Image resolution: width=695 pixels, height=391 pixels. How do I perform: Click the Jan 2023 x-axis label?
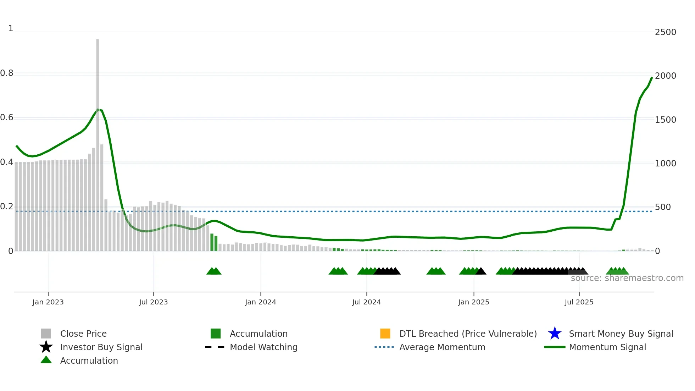pyautogui.click(x=48, y=302)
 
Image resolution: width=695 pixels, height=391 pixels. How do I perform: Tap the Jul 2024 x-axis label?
pyautogui.click(x=366, y=302)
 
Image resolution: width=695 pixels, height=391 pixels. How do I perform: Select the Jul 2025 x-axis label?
pyautogui.click(x=579, y=302)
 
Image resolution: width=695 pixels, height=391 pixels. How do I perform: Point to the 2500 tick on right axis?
pyautogui.click(x=665, y=32)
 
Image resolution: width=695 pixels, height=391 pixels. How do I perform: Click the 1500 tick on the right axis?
pyautogui.click(x=665, y=120)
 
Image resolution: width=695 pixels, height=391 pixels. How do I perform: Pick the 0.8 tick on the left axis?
pyautogui.click(x=7, y=73)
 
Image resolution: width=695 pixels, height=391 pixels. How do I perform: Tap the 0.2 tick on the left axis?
pyautogui.click(x=7, y=207)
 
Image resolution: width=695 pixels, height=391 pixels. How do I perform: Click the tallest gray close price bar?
pyautogui.click(x=98, y=142)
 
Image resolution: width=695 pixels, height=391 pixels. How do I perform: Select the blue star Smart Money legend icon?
pyautogui.click(x=555, y=334)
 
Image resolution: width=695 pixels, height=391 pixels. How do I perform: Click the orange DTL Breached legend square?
pyautogui.click(x=385, y=334)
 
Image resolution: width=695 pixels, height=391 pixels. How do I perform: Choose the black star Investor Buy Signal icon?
pyautogui.click(x=46, y=347)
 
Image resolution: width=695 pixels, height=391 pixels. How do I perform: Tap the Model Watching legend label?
pyautogui.click(x=263, y=347)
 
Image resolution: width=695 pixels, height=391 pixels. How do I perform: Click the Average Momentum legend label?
pyautogui.click(x=442, y=347)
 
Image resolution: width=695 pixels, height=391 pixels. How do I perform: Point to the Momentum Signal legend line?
pyautogui.click(x=555, y=347)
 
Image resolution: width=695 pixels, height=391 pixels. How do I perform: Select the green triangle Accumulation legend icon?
pyautogui.click(x=46, y=360)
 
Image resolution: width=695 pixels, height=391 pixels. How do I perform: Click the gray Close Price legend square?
pyautogui.click(x=46, y=334)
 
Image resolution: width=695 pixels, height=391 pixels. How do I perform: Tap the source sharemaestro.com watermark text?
pyautogui.click(x=627, y=278)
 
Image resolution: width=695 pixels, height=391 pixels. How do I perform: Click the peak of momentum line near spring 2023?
pyautogui.click(x=98, y=110)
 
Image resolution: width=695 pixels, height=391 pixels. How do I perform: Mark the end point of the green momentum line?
pyautogui.click(x=652, y=77)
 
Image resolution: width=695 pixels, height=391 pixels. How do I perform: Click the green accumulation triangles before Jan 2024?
pyautogui.click(x=214, y=271)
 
